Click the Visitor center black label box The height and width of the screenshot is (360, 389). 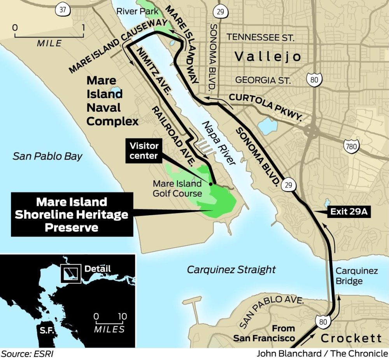144,151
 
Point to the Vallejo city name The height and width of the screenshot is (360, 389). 268,57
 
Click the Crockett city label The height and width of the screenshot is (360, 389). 351,338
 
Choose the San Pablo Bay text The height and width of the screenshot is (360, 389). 47,156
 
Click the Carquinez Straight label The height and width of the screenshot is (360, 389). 231,269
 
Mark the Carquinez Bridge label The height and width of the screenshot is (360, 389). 357,276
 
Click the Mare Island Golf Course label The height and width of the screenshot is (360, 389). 177,188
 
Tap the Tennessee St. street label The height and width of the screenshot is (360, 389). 261,37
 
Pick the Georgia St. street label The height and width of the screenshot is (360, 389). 263,81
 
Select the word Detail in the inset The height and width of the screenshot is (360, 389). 98,269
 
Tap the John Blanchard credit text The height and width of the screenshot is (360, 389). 322,353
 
